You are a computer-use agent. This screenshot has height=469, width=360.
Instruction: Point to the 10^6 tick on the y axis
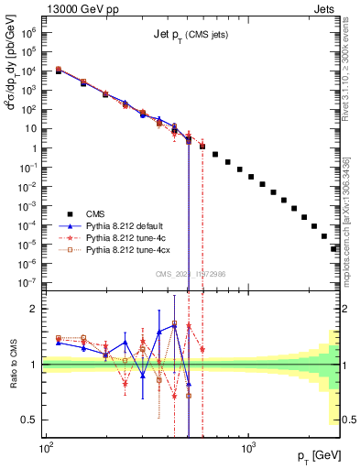coord(32,32)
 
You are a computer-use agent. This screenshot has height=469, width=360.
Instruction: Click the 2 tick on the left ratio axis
coord(34,309)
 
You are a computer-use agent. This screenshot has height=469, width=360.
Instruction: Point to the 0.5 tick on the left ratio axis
coord(30,420)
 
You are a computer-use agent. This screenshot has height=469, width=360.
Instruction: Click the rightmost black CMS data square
coord(335,248)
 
